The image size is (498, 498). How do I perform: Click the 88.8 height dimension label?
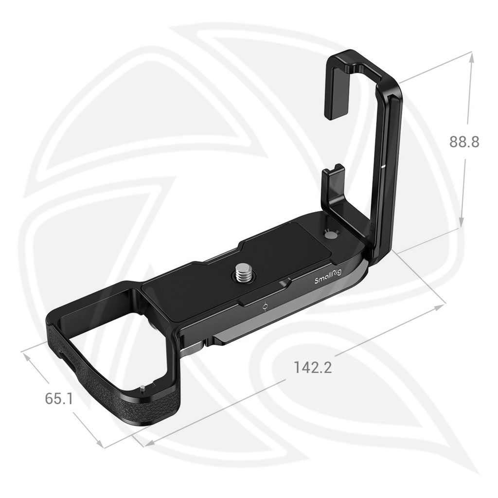[464, 142]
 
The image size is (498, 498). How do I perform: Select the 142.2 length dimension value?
[313, 367]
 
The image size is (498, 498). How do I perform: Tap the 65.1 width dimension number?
[59, 399]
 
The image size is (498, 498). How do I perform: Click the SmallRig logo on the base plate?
[329, 279]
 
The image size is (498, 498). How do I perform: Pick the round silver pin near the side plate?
[330, 235]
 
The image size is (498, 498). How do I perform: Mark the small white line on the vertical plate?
[384, 166]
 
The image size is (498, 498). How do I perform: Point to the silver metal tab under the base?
[192, 347]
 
